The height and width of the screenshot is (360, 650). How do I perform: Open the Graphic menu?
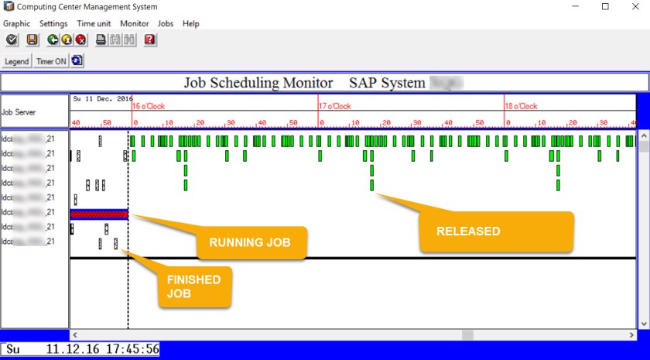click(16, 24)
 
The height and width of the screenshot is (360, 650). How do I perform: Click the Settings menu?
click(53, 24)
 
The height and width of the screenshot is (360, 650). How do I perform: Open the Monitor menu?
click(135, 24)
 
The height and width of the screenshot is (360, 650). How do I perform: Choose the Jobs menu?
click(166, 24)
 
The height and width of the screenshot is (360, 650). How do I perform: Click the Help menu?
click(191, 24)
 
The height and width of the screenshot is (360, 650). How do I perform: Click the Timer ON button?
click(51, 61)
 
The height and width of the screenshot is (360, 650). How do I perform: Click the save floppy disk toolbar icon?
click(32, 40)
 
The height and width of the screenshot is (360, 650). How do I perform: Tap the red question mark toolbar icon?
click(149, 40)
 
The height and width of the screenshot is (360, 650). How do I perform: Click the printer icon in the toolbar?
click(101, 40)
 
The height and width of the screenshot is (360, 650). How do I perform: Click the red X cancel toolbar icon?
click(80, 40)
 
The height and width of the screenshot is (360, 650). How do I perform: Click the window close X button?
click(632, 7)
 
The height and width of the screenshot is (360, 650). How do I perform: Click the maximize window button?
click(605, 7)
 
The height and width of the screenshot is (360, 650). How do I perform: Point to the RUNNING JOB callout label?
click(249, 242)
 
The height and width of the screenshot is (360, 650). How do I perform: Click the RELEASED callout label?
click(468, 231)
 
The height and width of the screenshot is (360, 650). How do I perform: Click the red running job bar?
click(98, 214)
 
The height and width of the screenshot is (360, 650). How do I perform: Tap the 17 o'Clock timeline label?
click(335, 107)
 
